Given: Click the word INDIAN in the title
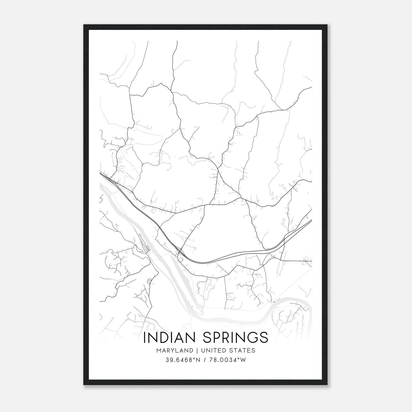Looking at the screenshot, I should [170, 337].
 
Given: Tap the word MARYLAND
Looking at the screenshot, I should [174, 350].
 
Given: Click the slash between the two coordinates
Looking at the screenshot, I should [205, 360].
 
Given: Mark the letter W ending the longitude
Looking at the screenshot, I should [243, 360].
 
